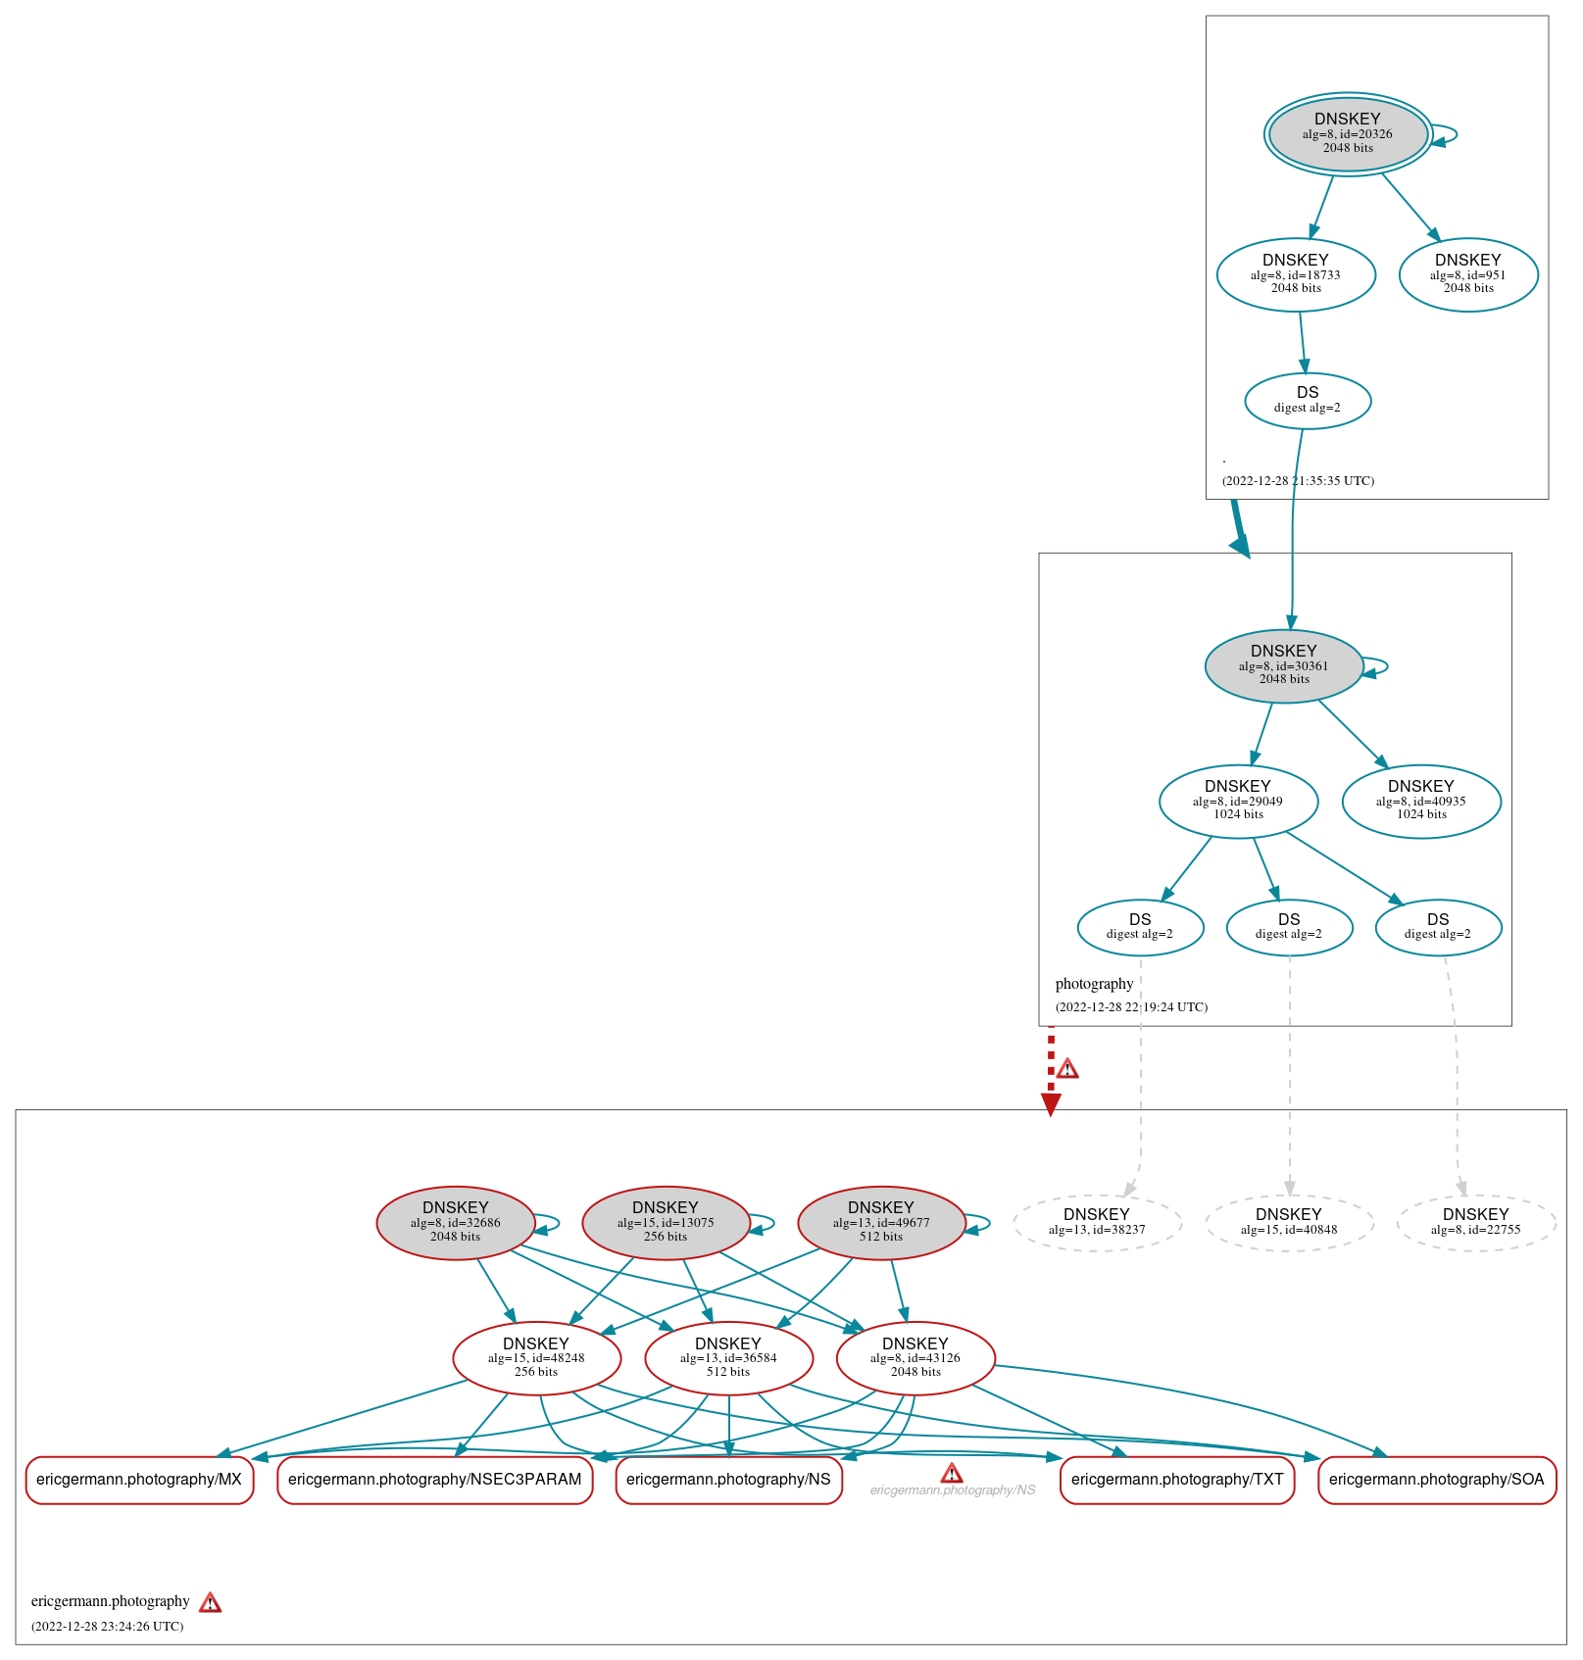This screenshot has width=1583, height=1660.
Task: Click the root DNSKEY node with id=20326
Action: click(x=1348, y=134)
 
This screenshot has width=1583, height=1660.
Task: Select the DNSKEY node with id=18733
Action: click(x=1296, y=274)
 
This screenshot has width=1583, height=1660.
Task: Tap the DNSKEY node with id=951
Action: click(x=1468, y=274)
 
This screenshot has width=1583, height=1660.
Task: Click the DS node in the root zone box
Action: click(x=1308, y=400)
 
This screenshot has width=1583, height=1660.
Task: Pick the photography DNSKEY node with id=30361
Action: click(x=1284, y=665)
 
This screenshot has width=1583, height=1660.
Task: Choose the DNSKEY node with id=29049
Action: click(x=1238, y=801)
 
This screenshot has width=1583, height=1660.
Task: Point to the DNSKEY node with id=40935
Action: click(x=1421, y=801)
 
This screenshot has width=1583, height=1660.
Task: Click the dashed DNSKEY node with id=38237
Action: click(x=1097, y=1222)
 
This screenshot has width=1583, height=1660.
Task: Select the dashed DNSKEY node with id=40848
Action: click(x=1289, y=1222)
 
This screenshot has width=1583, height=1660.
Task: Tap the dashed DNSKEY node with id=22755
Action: click(x=1476, y=1222)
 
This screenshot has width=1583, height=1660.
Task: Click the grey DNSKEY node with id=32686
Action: click(x=456, y=1222)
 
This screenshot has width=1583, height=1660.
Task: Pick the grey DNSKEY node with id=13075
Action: click(x=666, y=1222)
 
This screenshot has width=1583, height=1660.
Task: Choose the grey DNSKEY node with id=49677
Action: click(x=881, y=1222)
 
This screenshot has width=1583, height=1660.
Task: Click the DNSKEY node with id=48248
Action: click(x=536, y=1357)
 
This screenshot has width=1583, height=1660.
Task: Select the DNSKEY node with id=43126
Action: click(x=915, y=1357)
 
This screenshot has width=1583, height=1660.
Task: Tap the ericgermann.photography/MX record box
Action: click(x=139, y=1480)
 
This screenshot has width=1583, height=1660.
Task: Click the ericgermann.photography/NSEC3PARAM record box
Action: click(x=435, y=1480)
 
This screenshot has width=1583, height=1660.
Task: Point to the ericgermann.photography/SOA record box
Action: click(x=1437, y=1480)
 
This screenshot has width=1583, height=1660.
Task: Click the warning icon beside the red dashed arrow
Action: click(x=1067, y=1069)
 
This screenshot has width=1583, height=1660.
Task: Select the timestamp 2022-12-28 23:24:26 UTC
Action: click(x=108, y=1627)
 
